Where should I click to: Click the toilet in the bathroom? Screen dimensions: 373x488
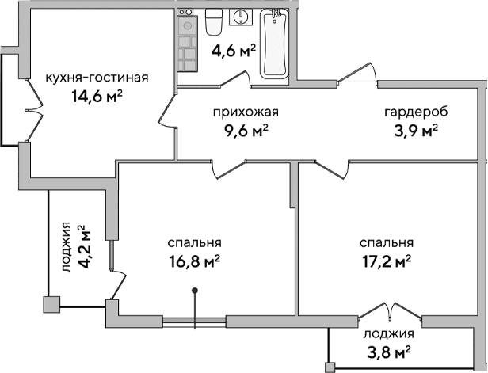(212, 24)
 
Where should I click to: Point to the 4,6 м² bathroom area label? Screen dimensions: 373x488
(233, 51)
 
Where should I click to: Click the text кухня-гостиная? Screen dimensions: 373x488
(97, 78)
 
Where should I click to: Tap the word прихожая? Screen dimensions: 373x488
(246, 112)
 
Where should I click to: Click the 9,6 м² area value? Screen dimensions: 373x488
(246, 131)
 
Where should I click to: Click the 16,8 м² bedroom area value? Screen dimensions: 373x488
(194, 261)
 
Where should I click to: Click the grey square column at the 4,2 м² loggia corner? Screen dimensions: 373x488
(51, 304)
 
